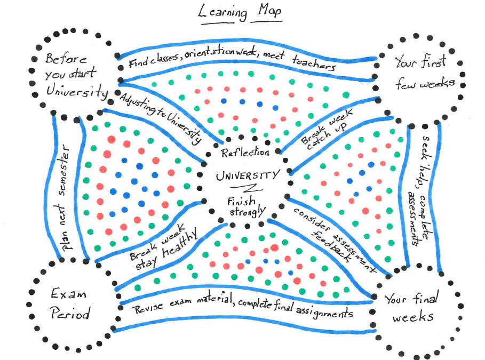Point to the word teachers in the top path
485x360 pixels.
[x=314, y=64]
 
